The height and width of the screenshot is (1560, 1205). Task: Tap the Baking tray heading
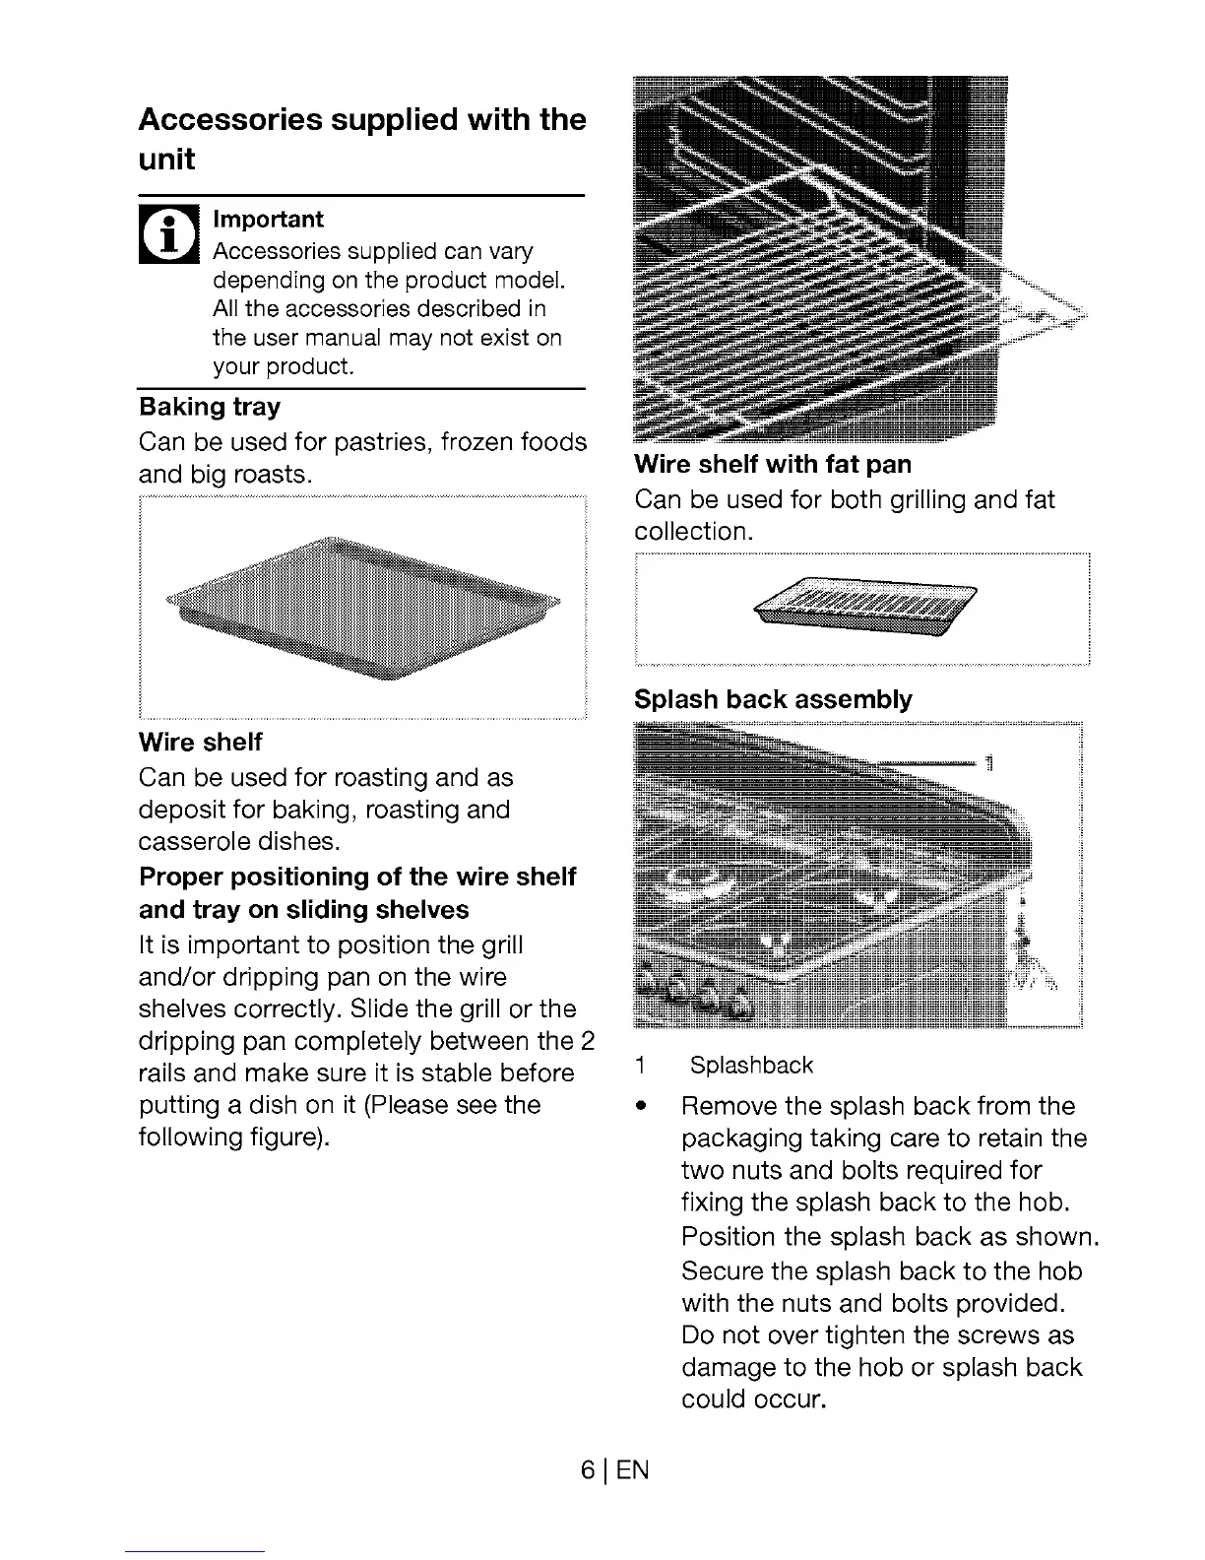point(210,407)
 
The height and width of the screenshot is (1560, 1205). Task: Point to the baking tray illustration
point(362,611)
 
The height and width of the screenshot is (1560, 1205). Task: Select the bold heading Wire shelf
point(201,742)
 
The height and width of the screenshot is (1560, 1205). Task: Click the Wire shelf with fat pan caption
point(773,464)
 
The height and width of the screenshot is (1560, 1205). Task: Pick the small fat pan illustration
point(864,609)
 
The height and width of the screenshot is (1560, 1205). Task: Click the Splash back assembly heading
point(773,700)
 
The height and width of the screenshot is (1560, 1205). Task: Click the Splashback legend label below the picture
point(751,1066)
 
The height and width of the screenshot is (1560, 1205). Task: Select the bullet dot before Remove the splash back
point(641,1106)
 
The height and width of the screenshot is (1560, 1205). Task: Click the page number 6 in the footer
point(587,1470)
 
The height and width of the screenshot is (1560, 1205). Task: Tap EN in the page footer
point(635,1470)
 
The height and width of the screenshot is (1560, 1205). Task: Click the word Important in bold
point(268,219)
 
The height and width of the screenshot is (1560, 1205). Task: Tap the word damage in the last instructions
point(725,1367)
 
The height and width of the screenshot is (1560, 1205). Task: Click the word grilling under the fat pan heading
point(927,500)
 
